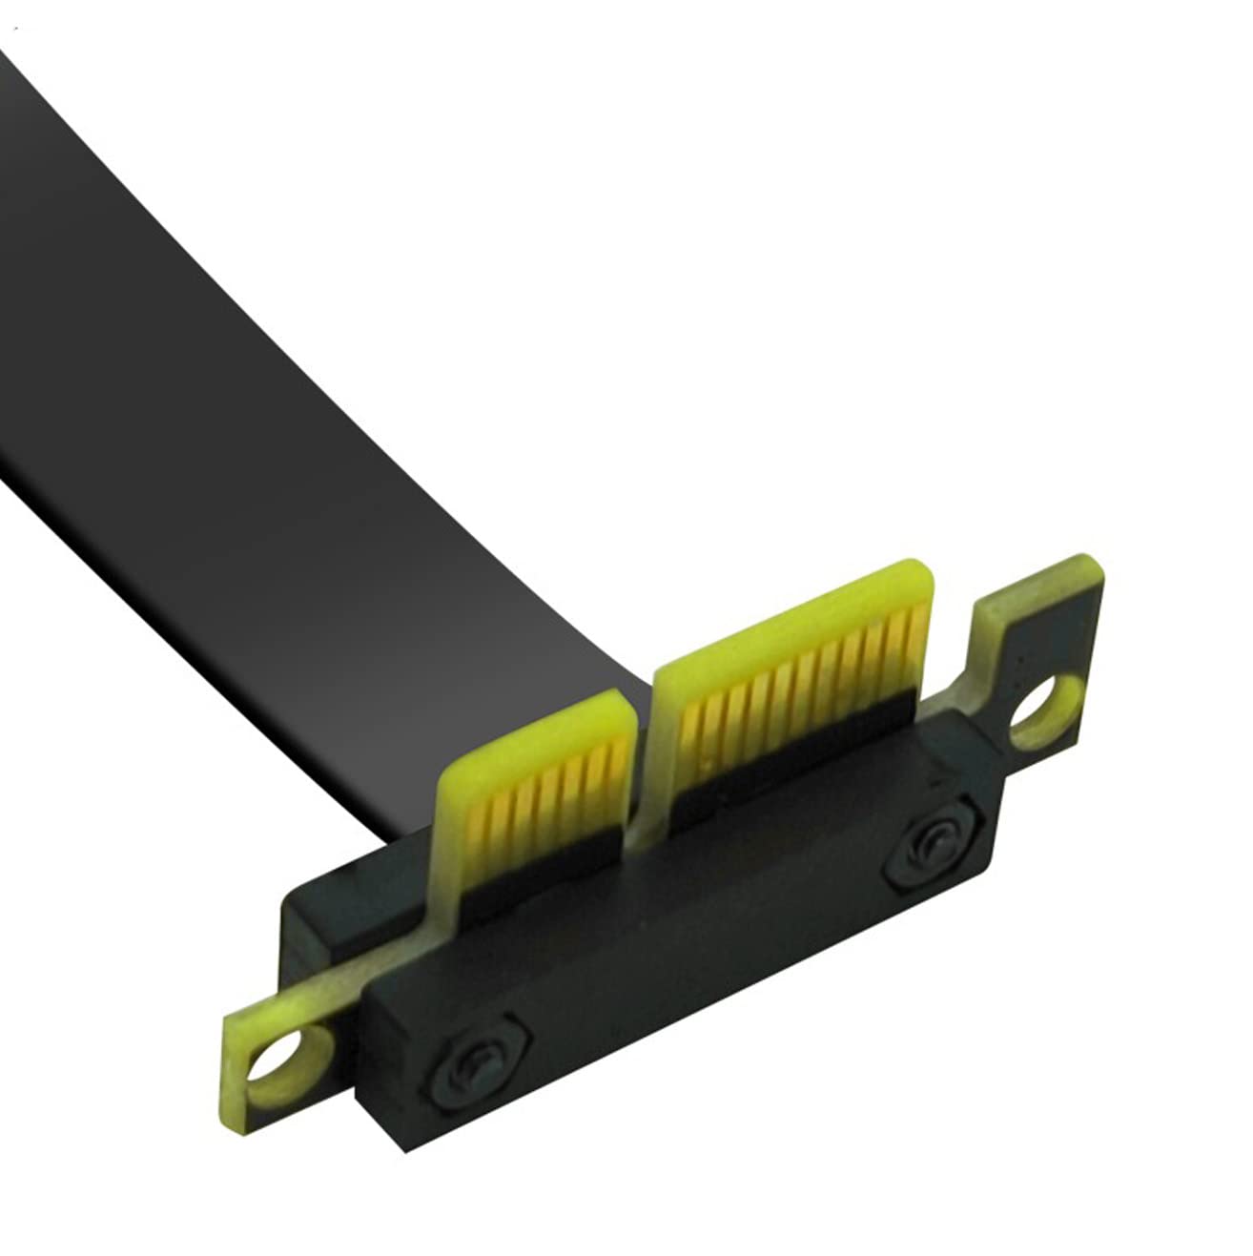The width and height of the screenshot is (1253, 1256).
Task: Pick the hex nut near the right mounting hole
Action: coord(925,843)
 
